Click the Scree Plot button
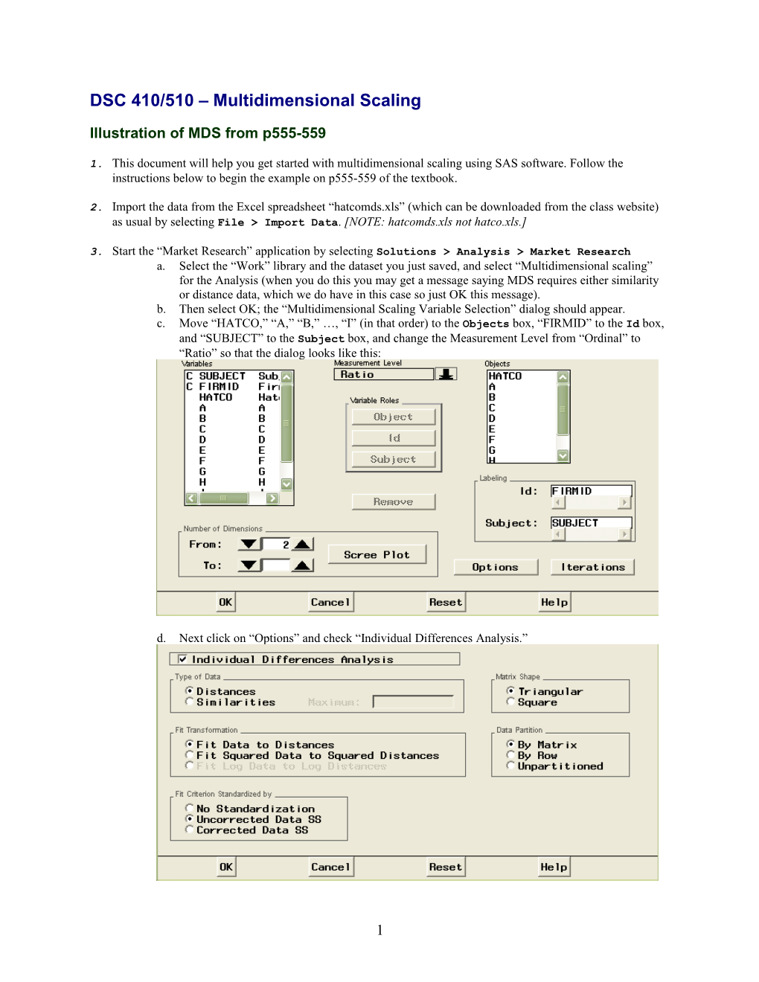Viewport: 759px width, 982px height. point(377,554)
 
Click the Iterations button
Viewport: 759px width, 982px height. point(592,567)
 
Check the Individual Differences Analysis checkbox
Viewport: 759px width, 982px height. point(182,659)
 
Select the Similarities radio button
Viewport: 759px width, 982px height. point(190,702)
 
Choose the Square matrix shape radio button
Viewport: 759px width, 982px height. point(510,702)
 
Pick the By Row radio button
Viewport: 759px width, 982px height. point(510,754)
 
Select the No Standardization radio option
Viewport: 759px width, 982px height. point(190,808)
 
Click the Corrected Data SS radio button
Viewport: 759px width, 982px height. point(190,829)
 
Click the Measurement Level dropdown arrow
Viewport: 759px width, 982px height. point(446,373)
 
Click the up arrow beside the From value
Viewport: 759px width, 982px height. point(302,544)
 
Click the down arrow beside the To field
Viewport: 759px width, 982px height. point(249,565)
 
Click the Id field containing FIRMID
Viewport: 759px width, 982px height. point(591,491)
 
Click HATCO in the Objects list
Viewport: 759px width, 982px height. point(505,376)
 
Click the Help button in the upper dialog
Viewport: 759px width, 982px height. point(554,602)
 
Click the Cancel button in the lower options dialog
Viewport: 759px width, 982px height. point(330,867)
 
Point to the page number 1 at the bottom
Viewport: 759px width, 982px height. point(379,930)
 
